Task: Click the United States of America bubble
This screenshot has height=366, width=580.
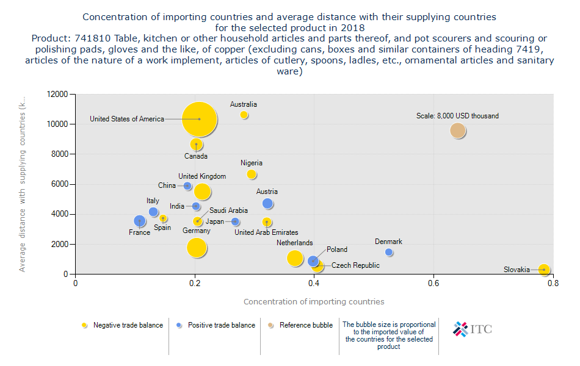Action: click(x=199, y=119)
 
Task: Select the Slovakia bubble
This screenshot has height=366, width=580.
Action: click(x=544, y=270)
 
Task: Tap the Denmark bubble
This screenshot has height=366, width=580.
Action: click(x=389, y=253)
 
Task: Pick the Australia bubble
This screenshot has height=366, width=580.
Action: click(x=244, y=115)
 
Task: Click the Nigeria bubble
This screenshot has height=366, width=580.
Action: click(x=252, y=174)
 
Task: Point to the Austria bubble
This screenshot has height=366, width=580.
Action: click(x=267, y=204)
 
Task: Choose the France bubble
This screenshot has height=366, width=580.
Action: click(x=140, y=221)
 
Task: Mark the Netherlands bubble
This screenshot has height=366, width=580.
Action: click(x=295, y=258)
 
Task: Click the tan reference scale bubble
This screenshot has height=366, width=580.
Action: click(x=458, y=131)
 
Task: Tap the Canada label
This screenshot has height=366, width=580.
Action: click(x=196, y=156)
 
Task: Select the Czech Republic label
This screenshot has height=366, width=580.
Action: click(x=355, y=265)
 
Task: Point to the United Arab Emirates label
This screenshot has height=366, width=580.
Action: click(x=266, y=232)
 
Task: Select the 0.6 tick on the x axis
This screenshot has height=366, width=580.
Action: click(x=433, y=284)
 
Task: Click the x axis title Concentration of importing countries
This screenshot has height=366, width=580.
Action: click(x=314, y=301)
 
